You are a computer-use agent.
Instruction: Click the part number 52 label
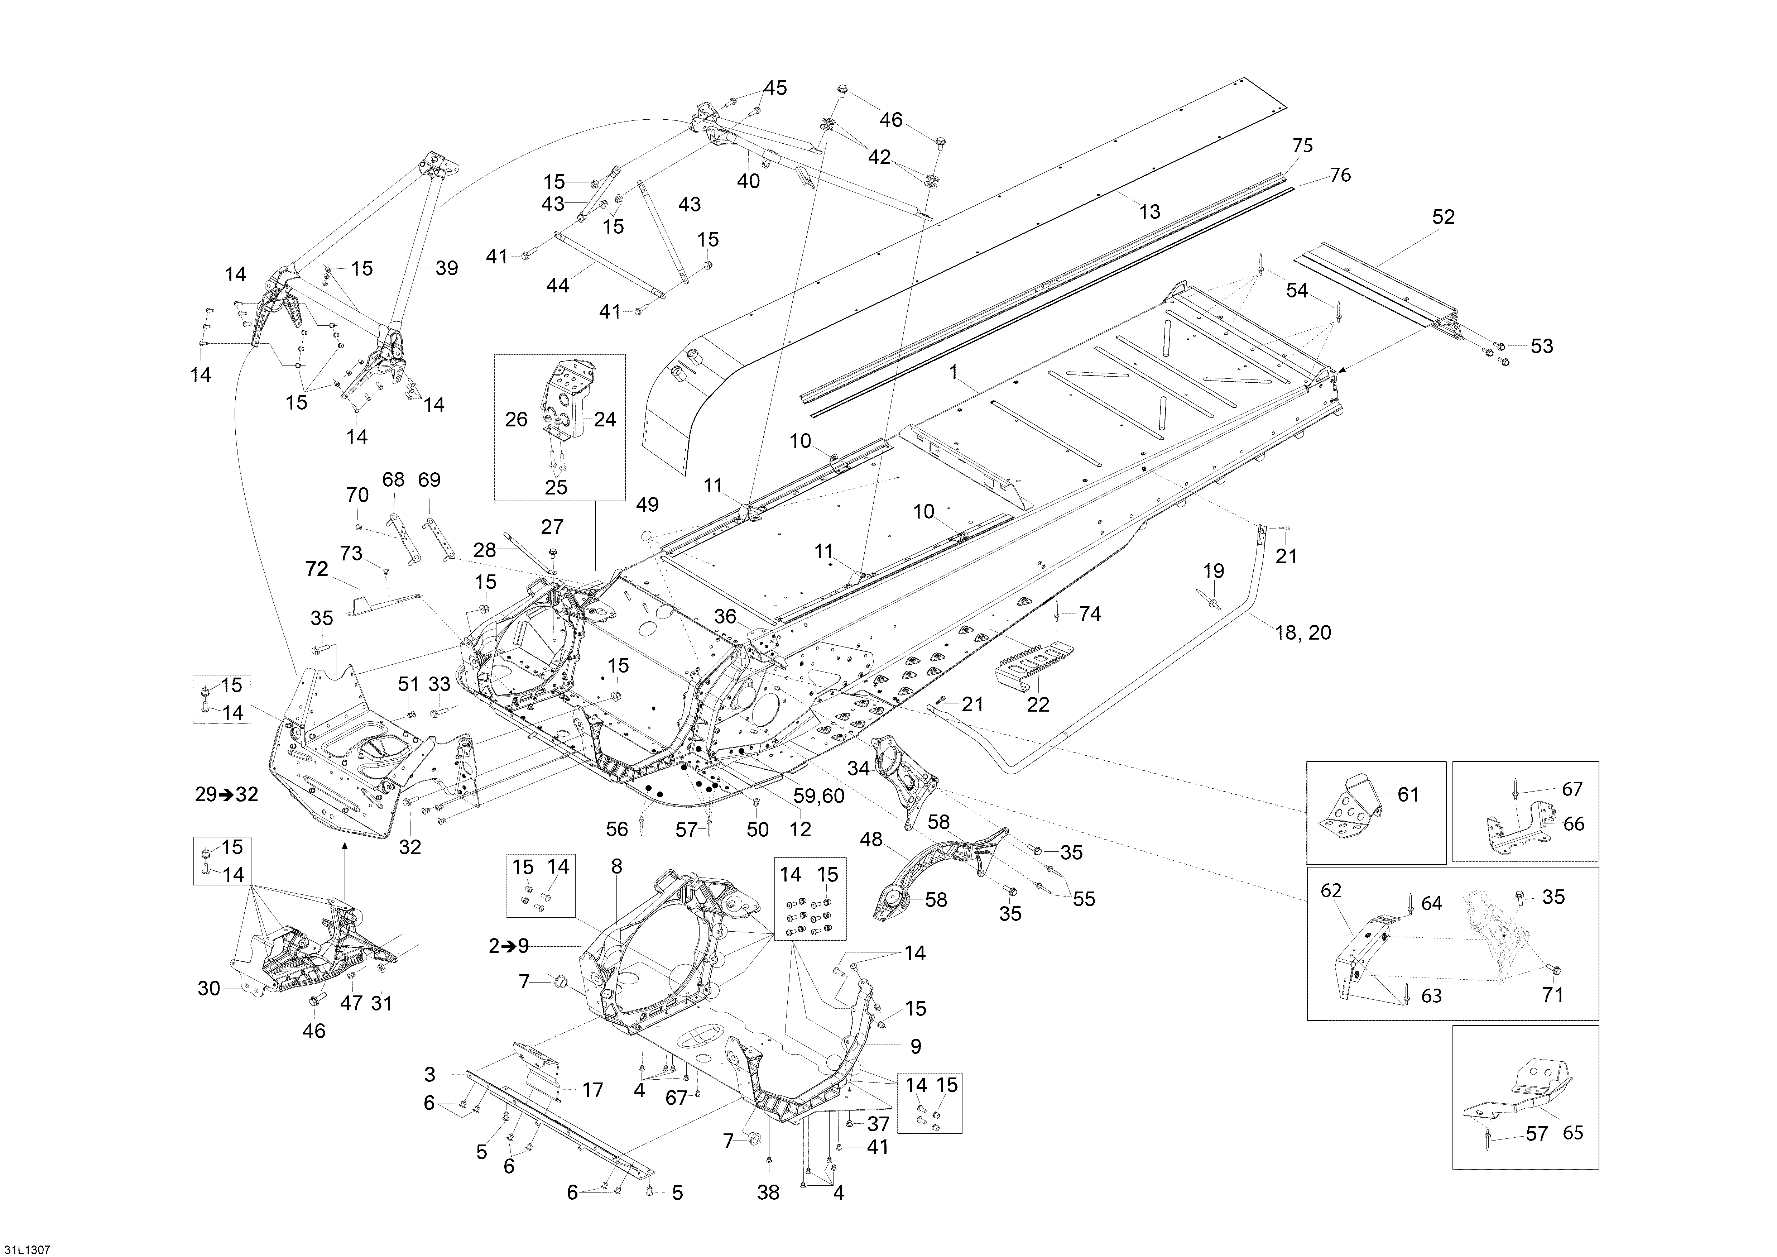point(1444,218)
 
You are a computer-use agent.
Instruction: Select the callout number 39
point(447,269)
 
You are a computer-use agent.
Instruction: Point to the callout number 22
point(1038,704)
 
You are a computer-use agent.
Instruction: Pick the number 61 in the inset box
point(1408,795)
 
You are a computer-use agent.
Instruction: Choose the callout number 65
point(1573,1133)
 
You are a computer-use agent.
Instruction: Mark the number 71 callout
point(1552,995)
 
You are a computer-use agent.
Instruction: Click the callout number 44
point(557,286)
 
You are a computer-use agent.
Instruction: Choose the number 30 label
point(209,988)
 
